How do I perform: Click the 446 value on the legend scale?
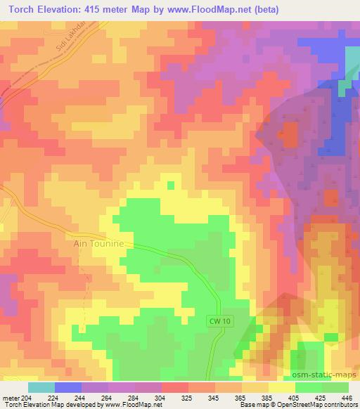click(347, 397)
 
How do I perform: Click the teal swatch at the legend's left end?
click(41, 387)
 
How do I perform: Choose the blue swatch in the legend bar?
click(67, 387)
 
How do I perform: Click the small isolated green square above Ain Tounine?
click(171, 186)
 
